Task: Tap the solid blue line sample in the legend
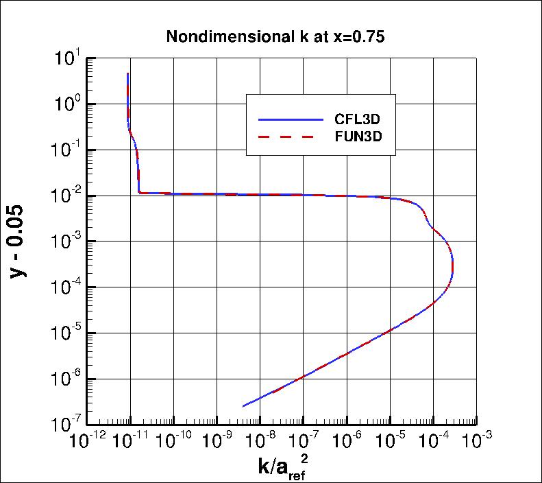click(290, 119)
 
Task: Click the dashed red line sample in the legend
click(290, 137)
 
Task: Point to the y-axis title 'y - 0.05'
click(21, 241)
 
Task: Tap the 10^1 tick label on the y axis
click(67, 59)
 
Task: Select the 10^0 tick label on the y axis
click(67, 105)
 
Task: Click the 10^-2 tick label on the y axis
click(66, 196)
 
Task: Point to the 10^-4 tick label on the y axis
click(66, 287)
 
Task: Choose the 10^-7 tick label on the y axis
click(66, 425)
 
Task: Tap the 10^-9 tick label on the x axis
click(217, 439)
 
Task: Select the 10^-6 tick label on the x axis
click(347, 439)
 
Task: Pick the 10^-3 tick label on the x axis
click(477, 439)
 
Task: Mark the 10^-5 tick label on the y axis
click(66, 333)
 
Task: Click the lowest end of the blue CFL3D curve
click(243, 407)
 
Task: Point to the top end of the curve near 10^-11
click(128, 73)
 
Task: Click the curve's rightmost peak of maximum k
click(453, 264)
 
